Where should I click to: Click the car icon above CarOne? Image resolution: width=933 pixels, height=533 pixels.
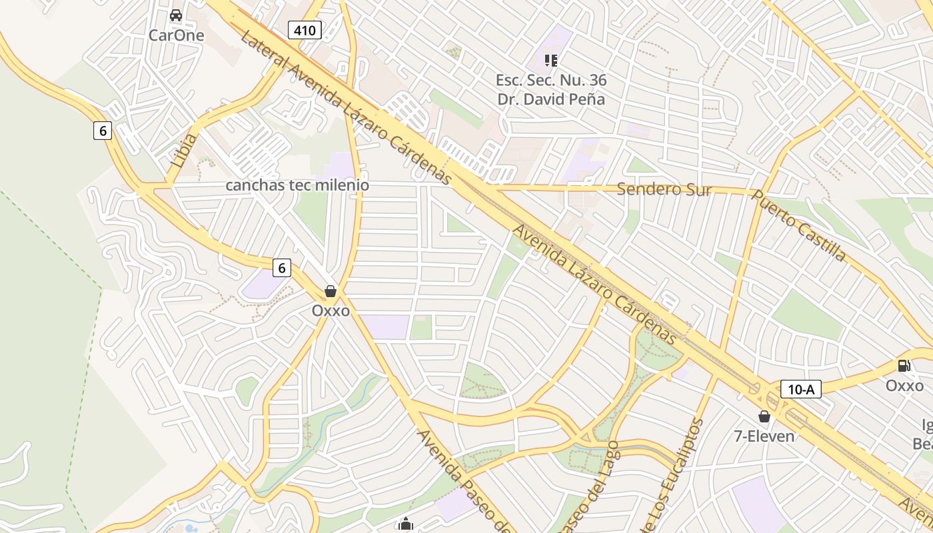176,15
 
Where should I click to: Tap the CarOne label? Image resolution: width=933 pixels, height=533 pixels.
176,35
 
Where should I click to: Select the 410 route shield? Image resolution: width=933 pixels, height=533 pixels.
305,29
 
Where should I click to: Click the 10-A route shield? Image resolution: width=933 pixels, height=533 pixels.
800,389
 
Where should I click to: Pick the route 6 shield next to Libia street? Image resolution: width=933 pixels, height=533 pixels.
103,131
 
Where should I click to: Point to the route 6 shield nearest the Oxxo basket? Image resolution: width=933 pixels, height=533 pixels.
282,268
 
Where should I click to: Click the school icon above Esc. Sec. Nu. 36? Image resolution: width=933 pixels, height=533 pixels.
550,61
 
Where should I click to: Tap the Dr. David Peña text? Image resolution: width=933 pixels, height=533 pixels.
551,99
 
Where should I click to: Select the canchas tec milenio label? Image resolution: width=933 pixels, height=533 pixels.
297,185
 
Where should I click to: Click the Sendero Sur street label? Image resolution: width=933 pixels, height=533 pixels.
664,189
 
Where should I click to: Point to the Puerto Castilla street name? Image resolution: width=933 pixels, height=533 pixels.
799,225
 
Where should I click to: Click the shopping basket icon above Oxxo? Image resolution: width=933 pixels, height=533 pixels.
330,291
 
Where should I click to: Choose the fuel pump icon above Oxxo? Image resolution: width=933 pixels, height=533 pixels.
904,366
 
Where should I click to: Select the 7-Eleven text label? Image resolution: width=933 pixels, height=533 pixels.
764,436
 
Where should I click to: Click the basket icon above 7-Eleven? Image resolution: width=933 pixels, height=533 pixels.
764,416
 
